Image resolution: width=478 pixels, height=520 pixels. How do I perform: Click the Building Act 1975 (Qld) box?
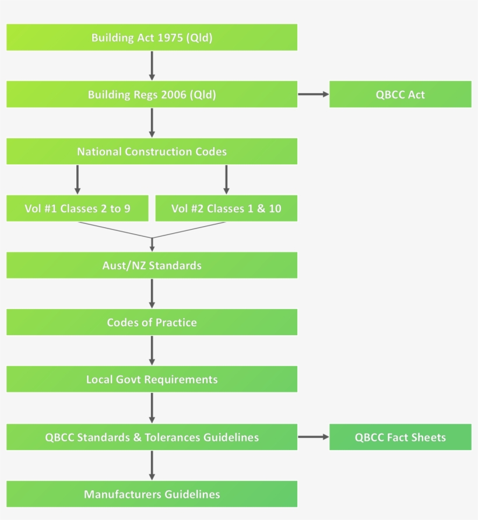point(152,37)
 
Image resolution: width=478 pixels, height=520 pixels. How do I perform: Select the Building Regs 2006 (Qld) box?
point(152,94)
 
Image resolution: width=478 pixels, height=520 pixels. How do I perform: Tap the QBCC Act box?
point(400,94)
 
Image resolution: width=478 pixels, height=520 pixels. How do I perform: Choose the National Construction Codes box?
point(152,152)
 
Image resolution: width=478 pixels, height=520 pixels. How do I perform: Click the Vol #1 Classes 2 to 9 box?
point(77,208)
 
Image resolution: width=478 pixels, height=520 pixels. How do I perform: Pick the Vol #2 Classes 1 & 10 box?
point(226,208)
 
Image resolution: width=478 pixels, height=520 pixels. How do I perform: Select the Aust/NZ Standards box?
point(152,265)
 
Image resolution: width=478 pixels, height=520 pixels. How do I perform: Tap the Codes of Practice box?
point(152,322)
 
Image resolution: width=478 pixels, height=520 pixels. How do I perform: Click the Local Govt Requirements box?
point(152,380)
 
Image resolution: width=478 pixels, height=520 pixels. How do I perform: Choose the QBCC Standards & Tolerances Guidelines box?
point(152,437)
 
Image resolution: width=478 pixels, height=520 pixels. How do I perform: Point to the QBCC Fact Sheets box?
point(400,437)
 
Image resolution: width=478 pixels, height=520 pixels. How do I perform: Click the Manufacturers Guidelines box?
point(152,494)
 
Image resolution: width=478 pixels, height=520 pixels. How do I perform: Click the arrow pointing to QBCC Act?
point(313,94)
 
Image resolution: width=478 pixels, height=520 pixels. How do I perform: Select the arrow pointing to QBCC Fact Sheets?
point(313,437)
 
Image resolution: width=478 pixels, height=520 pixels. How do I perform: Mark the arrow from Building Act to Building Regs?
point(152,65)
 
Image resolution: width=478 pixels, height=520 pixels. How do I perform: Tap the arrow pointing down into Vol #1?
point(77,180)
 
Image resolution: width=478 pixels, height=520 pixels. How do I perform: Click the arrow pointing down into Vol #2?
point(226,180)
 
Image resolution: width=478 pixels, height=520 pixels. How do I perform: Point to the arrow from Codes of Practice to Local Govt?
point(152,350)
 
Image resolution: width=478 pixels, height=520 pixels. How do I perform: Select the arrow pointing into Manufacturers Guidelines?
point(152,465)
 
